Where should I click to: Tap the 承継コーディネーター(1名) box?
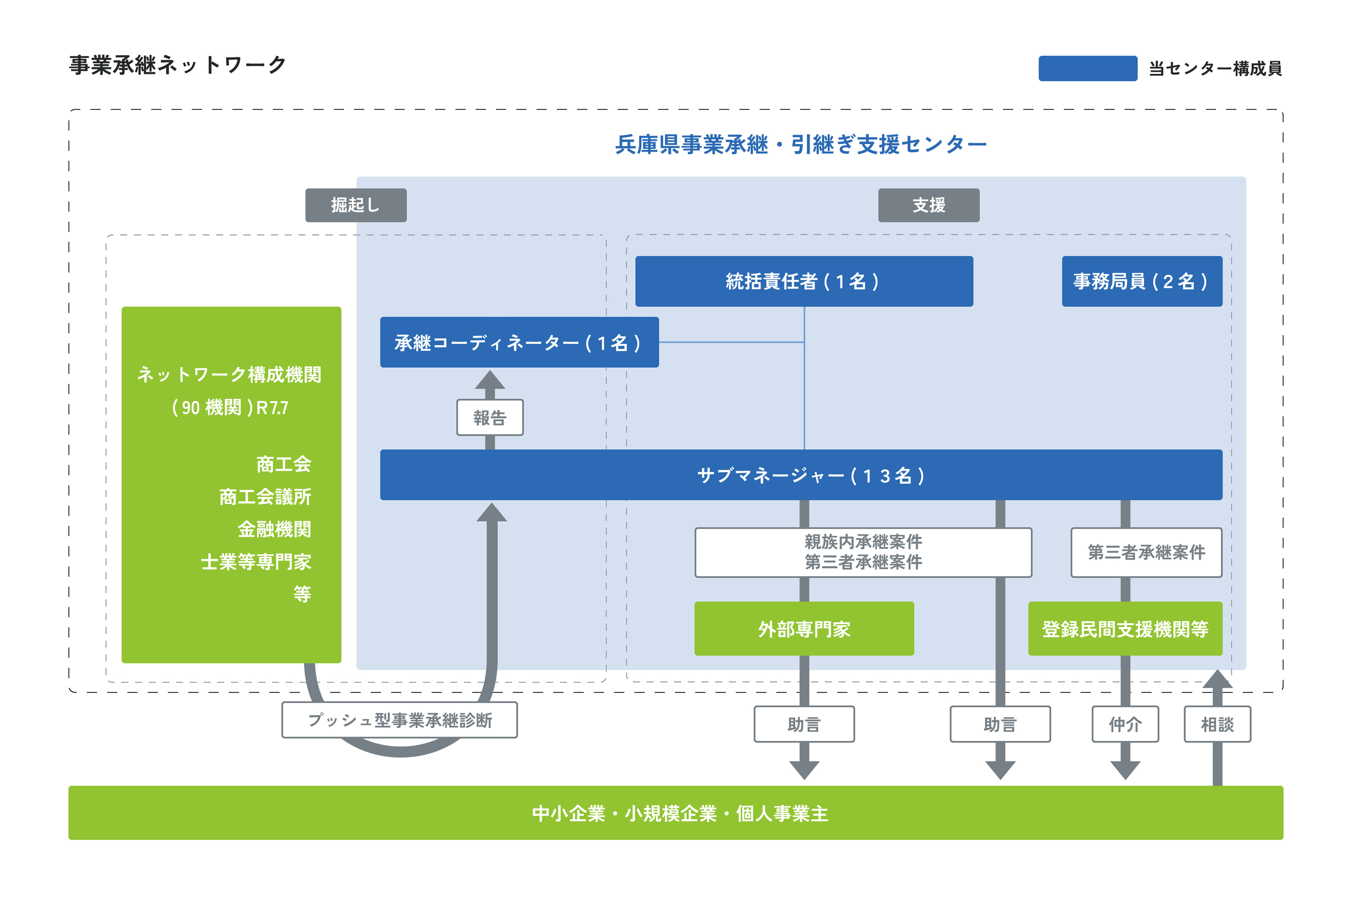coord(519,342)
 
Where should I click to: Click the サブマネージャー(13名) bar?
coord(800,475)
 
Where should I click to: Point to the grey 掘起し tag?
coord(356,205)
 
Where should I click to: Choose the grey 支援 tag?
coord(928,205)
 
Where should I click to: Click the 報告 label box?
coord(490,417)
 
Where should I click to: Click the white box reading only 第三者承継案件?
coord(1146,552)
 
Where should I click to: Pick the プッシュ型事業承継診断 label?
coord(400,720)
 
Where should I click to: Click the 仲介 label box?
coord(1125,724)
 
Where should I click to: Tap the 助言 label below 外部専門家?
coord(804,724)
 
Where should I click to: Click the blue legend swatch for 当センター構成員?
coord(1087,68)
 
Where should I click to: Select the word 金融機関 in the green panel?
coord(274,529)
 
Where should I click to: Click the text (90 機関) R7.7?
coord(230,408)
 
